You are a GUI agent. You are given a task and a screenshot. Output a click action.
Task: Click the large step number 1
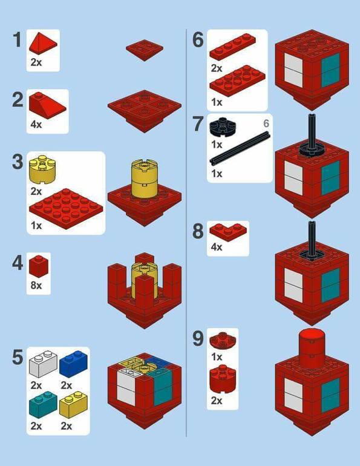pyautogui.click(x=18, y=40)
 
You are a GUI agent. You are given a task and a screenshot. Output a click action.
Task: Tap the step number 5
pyautogui.click(x=18, y=357)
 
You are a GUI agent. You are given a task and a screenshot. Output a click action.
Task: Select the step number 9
pyautogui.click(x=198, y=338)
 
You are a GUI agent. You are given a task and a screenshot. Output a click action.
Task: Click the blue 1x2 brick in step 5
pyautogui.click(x=74, y=364)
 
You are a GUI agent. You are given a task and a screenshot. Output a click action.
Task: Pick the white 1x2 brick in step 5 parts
pyautogui.click(x=44, y=364)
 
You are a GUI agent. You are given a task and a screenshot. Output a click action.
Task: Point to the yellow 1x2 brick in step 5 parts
pyautogui.click(x=74, y=404)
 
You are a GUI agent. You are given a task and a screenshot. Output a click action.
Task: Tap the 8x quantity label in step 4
pyautogui.click(x=36, y=285)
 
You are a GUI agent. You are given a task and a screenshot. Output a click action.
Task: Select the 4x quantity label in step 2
pyautogui.click(x=36, y=124)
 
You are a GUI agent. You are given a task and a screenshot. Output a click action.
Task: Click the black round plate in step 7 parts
pyautogui.click(x=223, y=127)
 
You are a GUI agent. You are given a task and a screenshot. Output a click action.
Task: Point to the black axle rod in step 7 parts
pyautogui.click(x=240, y=148)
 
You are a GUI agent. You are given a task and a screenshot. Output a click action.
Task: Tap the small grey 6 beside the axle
pyautogui.click(x=266, y=123)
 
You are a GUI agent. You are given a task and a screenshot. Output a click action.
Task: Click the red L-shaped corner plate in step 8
pyautogui.click(x=228, y=232)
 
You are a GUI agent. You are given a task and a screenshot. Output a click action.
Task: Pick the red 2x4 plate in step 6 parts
pyautogui.click(x=238, y=80)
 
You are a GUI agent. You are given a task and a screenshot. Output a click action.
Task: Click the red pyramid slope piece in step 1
pyautogui.click(x=43, y=44)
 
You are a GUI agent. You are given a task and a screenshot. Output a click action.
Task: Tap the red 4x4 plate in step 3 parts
pyautogui.click(x=66, y=208)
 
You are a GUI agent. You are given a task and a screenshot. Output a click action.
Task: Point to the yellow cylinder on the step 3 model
pyautogui.click(x=145, y=179)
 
